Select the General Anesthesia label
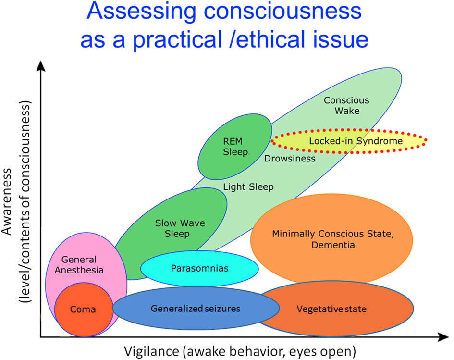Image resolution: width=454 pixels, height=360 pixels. tap(83, 265)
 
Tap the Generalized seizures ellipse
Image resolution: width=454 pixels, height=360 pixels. tap(195, 309)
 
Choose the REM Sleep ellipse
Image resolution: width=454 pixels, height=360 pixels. tap(235, 147)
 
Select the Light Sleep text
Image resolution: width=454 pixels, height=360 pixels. tap(248, 187)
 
